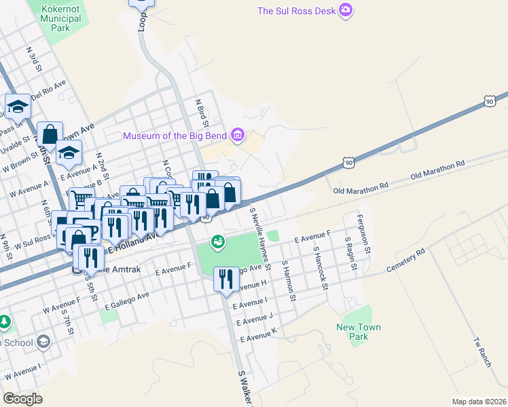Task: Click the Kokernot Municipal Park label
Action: (60, 18)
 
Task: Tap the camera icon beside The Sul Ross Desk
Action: (346, 10)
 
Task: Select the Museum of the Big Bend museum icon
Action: (237, 136)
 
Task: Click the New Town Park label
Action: (359, 332)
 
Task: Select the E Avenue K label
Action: (259, 334)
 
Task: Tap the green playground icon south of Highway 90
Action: (217, 241)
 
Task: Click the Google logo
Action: (22, 398)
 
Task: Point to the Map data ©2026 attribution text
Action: (478, 402)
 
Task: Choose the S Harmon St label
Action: (289, 280)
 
